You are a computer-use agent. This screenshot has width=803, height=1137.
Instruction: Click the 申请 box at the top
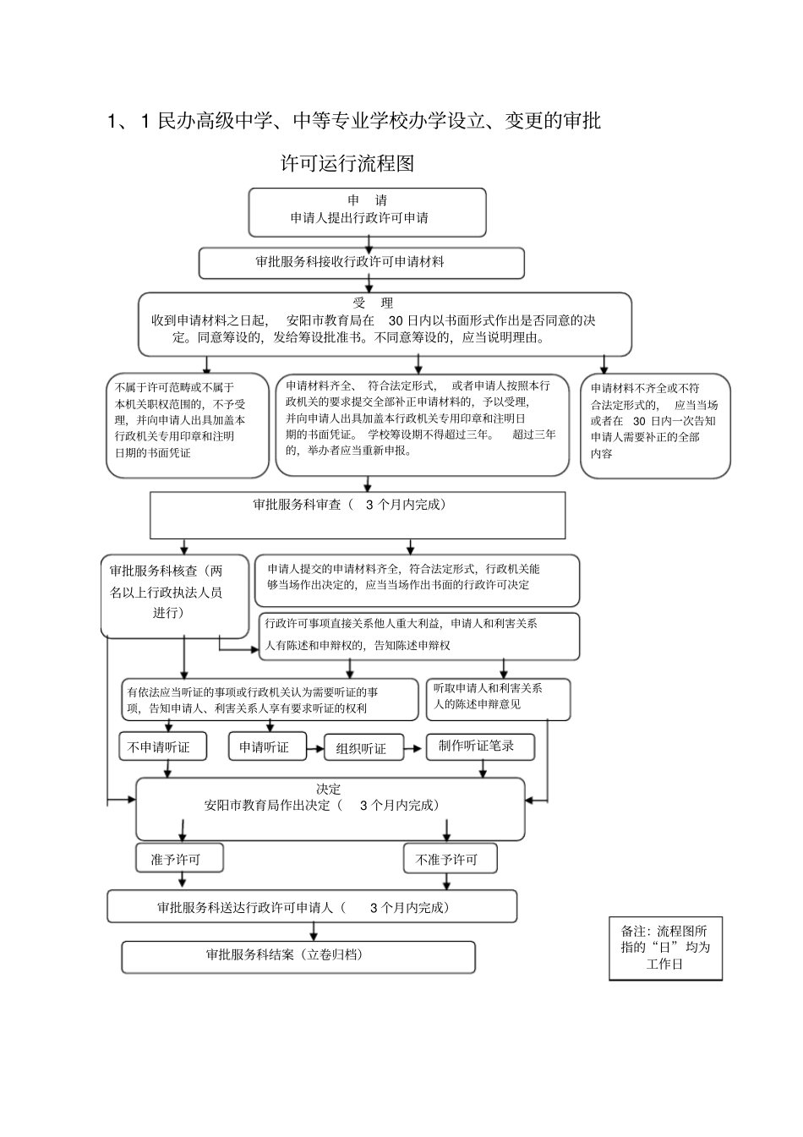pyautogui.click(x=367, y=211)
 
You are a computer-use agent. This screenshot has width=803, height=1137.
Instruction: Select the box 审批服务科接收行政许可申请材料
pyautogui.click(x=361, y=263)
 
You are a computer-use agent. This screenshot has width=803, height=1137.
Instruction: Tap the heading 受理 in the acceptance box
pyautogui.click(x=373, y=303)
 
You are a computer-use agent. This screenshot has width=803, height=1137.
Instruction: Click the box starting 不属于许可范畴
pyautogui.click(x=187, y=425)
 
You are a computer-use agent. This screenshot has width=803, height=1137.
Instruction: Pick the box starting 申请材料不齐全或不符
pyautogui.click(x=655, y=425)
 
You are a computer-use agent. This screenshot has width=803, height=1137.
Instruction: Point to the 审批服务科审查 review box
pyautogui.click(x=358, y=515)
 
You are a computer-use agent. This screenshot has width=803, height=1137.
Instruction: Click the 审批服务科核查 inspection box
pyautogui.click(x=175, y=594)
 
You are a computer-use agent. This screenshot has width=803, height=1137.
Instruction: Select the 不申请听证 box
pyautogui.click(x=159, y=747)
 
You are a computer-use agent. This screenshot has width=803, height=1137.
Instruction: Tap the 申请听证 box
pyautogui.click(x=266, y=747)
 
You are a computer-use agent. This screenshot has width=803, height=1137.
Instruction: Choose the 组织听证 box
pyautogui.click(x=361, y=748)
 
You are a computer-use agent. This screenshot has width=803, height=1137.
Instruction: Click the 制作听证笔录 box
pyautogui.click(x=477, y=746)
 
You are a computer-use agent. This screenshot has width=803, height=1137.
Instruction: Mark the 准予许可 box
pyautogui.click(x=180, y=859)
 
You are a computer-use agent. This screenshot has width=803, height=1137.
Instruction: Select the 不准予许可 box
pyautogui.click(x=450, y=859)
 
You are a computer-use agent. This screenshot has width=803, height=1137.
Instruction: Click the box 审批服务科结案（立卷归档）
pyautogui.click(x=298, y=957)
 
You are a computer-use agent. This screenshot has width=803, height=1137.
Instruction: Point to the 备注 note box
pyautogui.click(x=665, y=947)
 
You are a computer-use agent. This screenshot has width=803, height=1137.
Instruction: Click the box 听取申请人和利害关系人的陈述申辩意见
pyautogui.click(x=497, y=698)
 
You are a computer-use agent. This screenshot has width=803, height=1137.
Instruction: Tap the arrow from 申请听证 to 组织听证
pyautogui.click(x=315, y=747)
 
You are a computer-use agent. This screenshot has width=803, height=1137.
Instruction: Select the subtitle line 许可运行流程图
pyautogui.click(x=347, y=163)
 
